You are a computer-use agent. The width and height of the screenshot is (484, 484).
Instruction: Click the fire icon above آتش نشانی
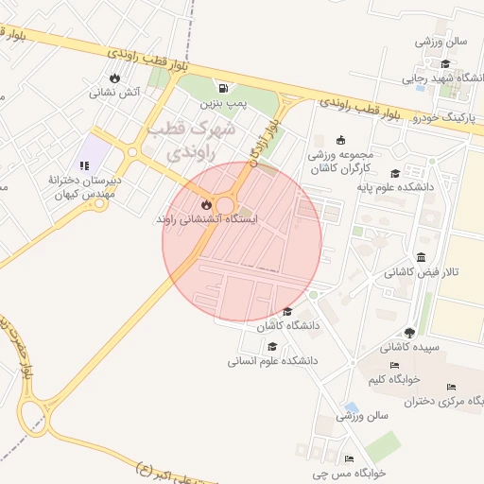point(115,78)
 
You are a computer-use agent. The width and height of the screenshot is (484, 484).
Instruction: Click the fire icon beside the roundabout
point(206,204)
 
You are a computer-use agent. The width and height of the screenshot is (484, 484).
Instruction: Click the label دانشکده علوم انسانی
point(272,361)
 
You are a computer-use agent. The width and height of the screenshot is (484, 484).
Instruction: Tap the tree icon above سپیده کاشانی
point(408,333)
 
